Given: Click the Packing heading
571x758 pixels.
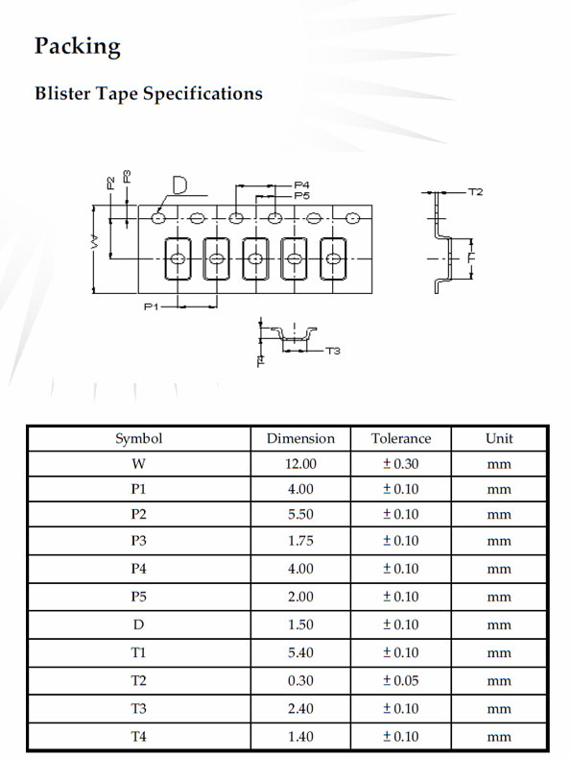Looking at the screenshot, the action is (x=78, y=47).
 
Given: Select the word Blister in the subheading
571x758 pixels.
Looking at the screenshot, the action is (x=62, y=93).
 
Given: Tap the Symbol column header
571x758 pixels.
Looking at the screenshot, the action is (x=138, y=439).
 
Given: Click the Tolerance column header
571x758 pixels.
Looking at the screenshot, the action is (x=401, y=438).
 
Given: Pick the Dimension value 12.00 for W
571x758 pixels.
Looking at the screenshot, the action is (x=300, y=464).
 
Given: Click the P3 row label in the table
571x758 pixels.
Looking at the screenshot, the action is (x=138, y=541).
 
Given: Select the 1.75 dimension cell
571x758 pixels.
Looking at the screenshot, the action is (x=300, y=541).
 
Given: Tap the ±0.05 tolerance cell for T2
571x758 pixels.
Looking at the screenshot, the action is (x=401, y=680).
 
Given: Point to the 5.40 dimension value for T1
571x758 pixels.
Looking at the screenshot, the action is (x=300, y=652).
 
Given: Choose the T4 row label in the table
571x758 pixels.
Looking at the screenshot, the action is (x=138, y=737).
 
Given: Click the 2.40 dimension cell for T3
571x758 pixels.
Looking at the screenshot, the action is (x=300, y=709).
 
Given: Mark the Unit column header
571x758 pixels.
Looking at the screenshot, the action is (x=499, y=438).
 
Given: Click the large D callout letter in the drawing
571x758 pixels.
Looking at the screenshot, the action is (x=179, y=185).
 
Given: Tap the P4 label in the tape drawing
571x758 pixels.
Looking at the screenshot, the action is (x=302, y=185).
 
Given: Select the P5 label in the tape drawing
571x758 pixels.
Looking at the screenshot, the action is (x=302, y=196).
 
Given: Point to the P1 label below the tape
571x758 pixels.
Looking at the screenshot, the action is (x=152, y=306).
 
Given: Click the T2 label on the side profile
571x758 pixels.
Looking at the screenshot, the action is (x=475, y=192).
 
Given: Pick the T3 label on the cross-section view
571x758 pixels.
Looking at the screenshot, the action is (x=333, y=351).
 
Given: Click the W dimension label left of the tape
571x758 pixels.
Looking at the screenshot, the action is (x=95, y=243).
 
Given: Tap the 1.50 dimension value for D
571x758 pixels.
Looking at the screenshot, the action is (x=300, y=624).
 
